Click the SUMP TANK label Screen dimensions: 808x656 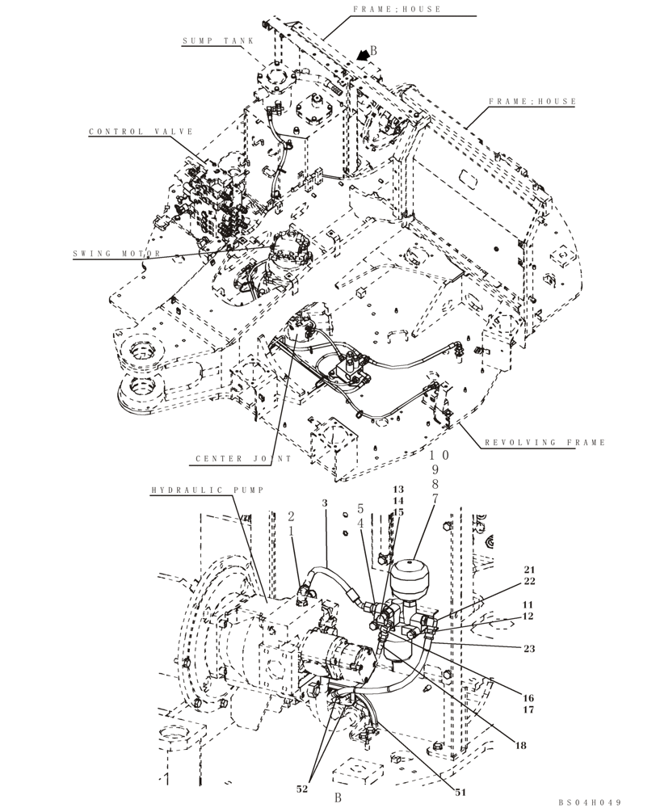[217, 40]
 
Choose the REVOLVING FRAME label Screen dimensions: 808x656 [545, 443]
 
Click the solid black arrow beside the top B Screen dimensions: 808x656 [364, 53]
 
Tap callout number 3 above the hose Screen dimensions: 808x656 [324, 503]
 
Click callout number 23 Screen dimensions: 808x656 [529, 647]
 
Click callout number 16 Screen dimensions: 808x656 [529, 698]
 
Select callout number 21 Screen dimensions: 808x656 [529, 570]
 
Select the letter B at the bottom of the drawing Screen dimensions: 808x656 [340, 797]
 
